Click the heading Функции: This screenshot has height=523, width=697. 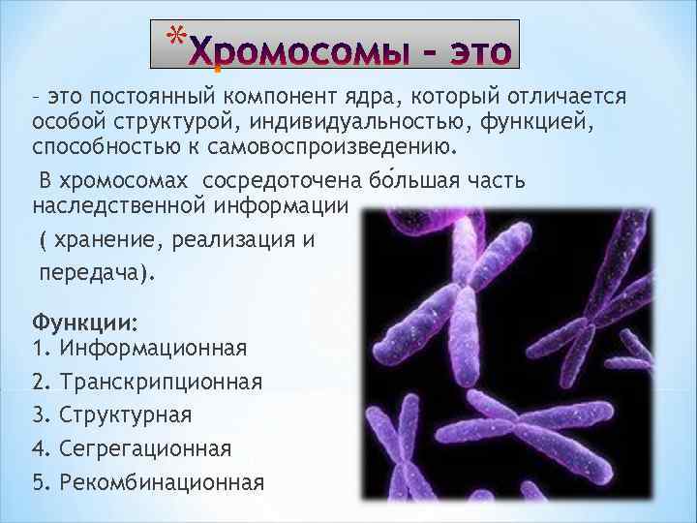click(x=85, y=322)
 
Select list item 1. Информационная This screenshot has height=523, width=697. click(x=139, y=347)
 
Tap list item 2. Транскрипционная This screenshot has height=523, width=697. click(x=147, y=381)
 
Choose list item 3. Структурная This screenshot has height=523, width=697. click(x=112, y=415)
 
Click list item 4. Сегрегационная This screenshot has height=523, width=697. click(x=132, y=447)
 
